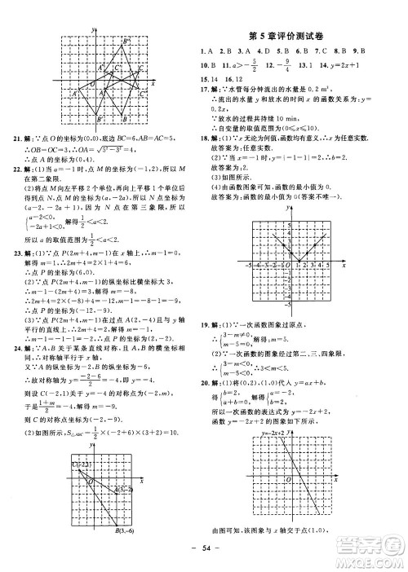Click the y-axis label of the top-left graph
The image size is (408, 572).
95,30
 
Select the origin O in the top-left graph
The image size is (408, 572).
92,85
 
